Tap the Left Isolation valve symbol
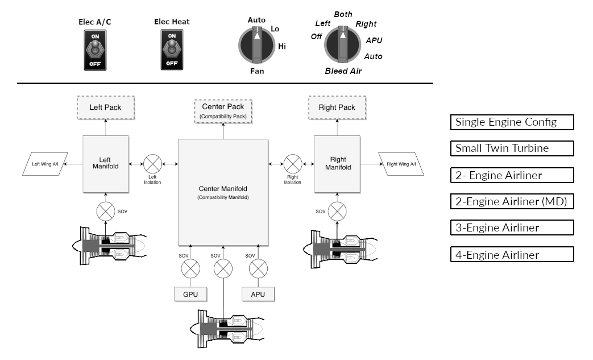[x=152, y=164]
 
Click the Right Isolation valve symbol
[x=293, y=164]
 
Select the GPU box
[x=190, y=294]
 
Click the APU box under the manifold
[x=258, y=294]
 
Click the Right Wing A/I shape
[x=401, y=164]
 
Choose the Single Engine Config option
[x=512, y=122]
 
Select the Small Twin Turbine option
[x=512, y=148]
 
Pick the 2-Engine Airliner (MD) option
[x=512, y=201]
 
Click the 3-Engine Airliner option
[x=512, y=227]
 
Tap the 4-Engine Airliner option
[x=512, y=254]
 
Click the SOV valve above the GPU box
[x=190, y=267]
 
